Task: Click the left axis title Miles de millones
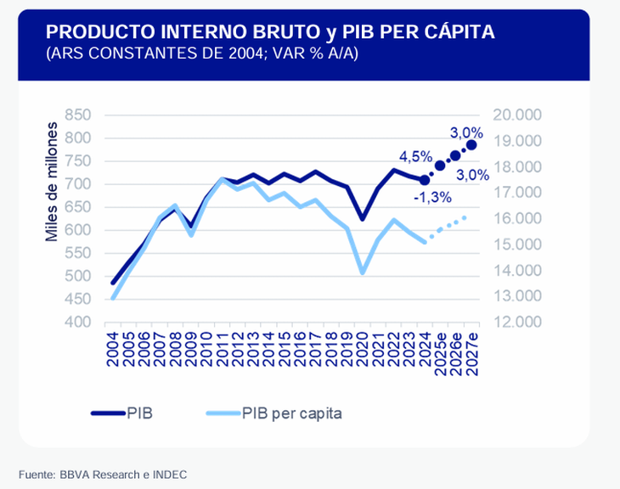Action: [52, 182]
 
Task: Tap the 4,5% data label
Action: [416, 157]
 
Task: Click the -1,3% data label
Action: [432, 197]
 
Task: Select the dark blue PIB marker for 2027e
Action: [471, 145]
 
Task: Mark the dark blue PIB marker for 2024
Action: [425, 179]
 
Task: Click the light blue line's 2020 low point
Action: [363, 273]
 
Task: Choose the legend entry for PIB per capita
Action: [275, 413]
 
